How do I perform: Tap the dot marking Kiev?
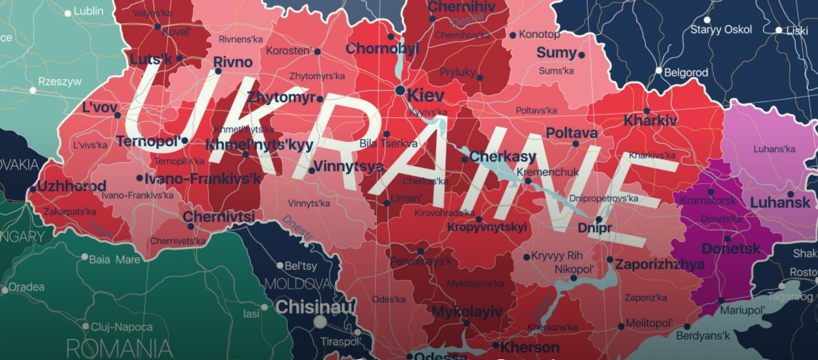tap(401, 90)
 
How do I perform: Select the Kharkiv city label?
tap(651, 120)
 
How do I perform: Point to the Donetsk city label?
tap(731, 248)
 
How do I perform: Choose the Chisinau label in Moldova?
tap(315, 307)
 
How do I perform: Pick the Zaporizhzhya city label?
tap(660, 264)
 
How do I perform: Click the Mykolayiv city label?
tap(467, 312)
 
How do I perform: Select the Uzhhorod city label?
tap(71, 186)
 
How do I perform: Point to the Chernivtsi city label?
tap(219, 217)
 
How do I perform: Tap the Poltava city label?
tap(571, 133)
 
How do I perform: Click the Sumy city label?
tap(556, 53)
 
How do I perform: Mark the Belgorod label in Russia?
tap(686, 73)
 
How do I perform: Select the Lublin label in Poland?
tap(88, 11)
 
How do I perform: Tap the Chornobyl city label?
tap(383, 48)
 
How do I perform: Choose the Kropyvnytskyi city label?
tap(487, 227)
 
